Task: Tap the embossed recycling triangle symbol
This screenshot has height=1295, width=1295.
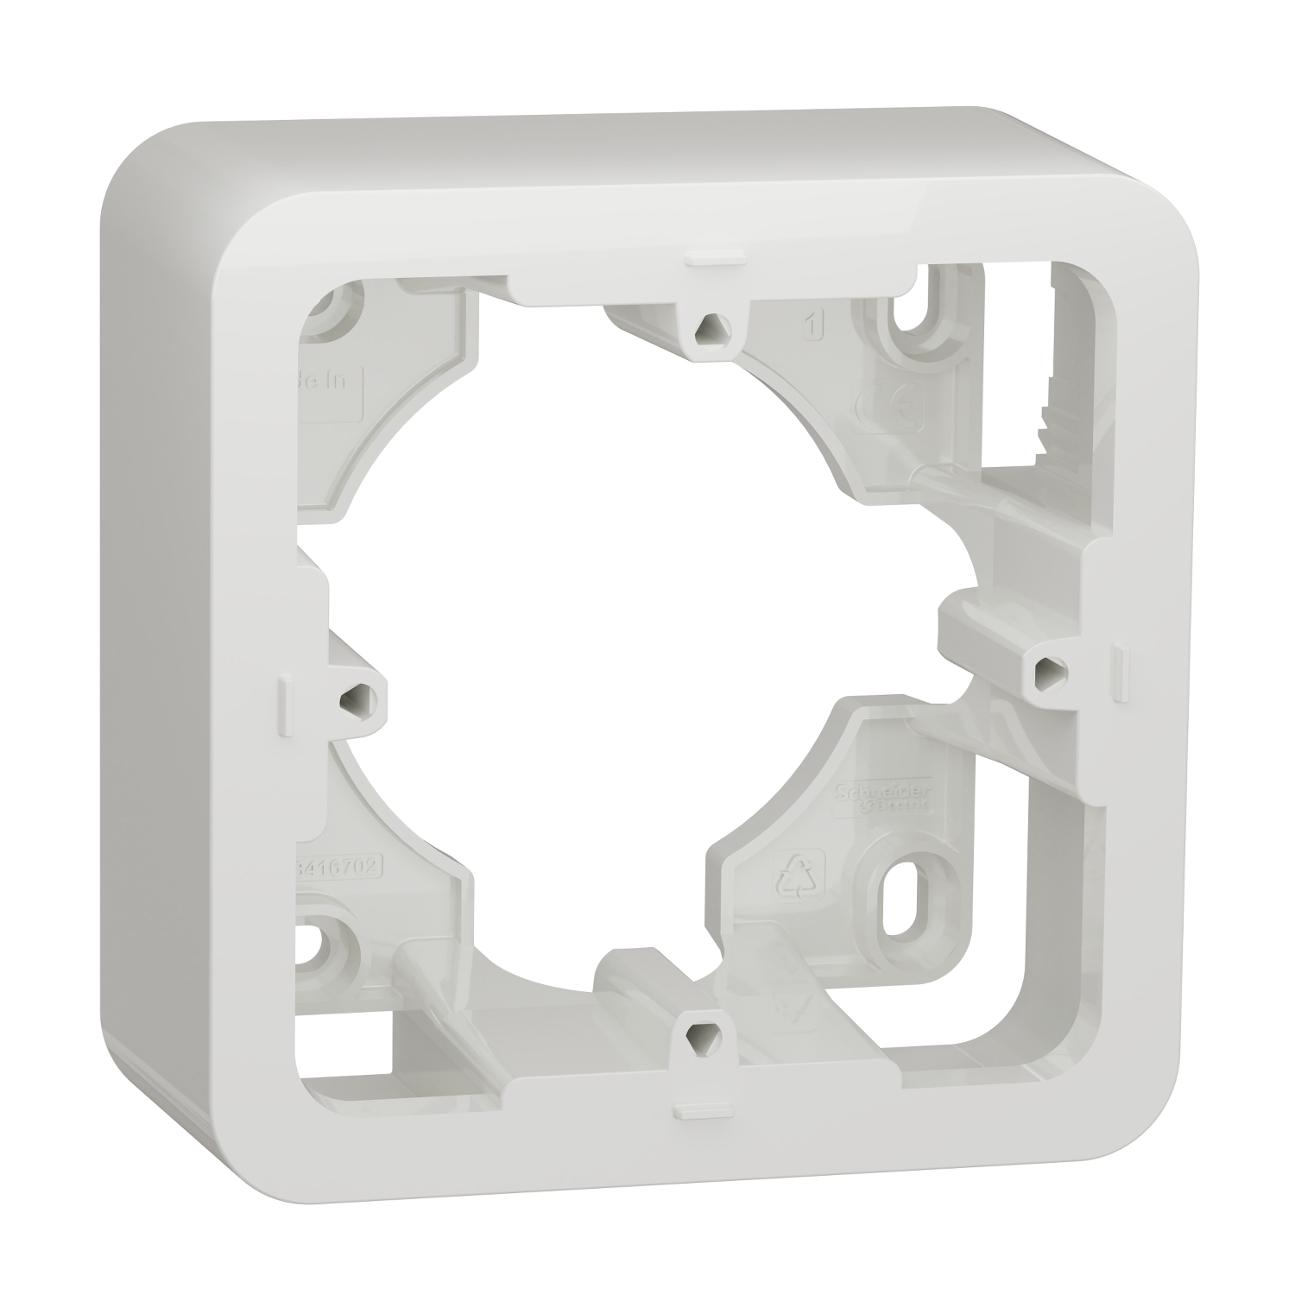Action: pyautogui.click(x=791, y=878)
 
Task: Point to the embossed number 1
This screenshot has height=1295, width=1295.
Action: pyautogui.click(x=812, y=326)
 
